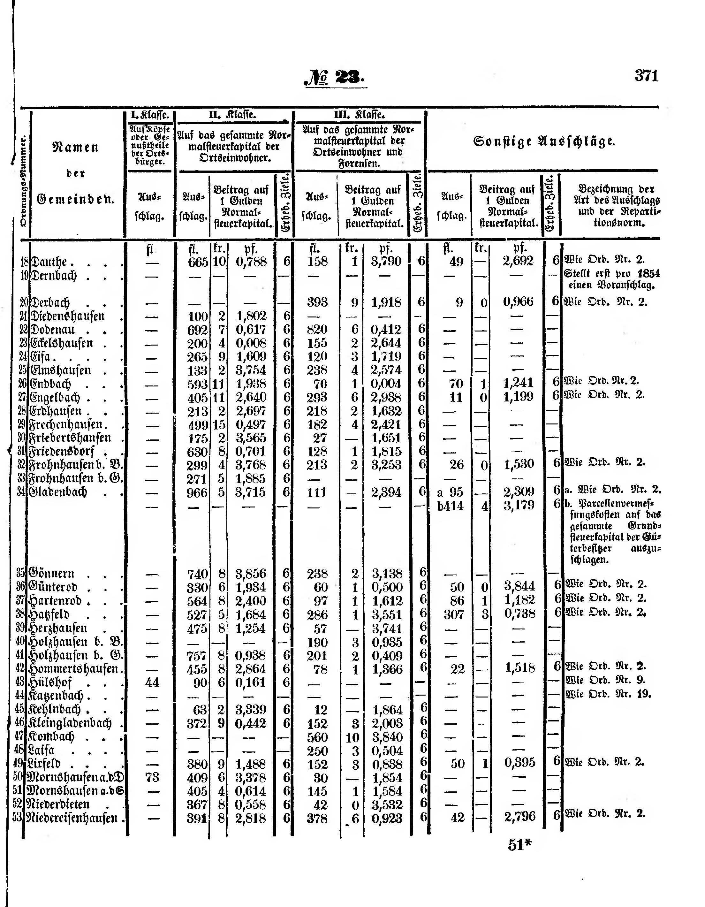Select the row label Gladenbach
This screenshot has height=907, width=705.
(x=58, y=492)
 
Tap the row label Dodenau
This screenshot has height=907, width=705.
(x=53, y=330)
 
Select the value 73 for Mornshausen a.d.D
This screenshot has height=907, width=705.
(x=152, y=777)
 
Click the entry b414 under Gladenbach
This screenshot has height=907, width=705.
(x=450, y=506)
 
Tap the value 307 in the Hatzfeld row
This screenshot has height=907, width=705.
(x=453, y=614)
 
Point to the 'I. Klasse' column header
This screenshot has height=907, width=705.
(x=149, y=115)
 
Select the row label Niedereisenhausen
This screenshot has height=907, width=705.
(x=72, y=818)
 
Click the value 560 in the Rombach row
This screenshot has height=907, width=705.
(x=317, y=737)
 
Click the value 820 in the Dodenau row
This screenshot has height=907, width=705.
(x=317, y=330)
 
